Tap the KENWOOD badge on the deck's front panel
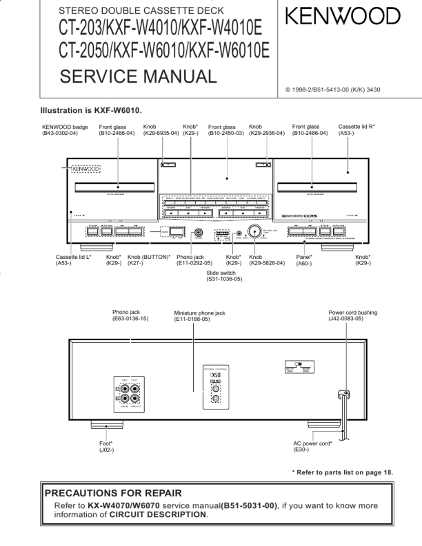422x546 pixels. pos(83,168)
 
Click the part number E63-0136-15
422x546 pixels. pos(134,318)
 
